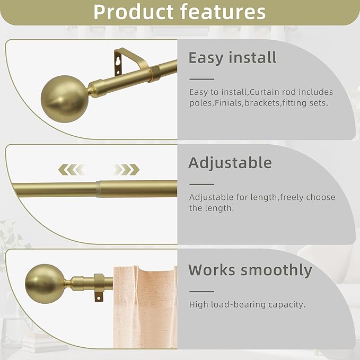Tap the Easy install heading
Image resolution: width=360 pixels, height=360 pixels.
point(233,57)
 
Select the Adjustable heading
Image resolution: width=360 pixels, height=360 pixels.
point(230,162)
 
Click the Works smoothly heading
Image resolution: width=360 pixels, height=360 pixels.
point(250,270)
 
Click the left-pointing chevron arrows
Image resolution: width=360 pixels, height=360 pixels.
point(71,170)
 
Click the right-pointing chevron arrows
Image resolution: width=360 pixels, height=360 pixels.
point(126,170)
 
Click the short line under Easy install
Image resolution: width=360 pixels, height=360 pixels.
point(201,77)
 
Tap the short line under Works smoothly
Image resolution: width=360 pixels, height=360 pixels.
point(201,291)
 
